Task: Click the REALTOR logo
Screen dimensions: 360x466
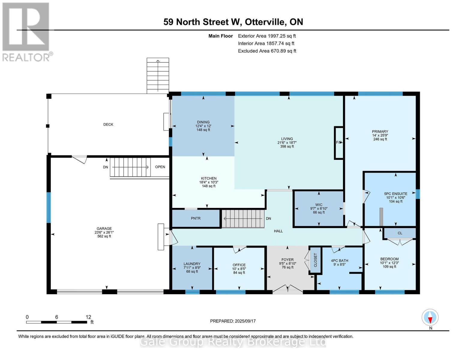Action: click(x=26, y=31)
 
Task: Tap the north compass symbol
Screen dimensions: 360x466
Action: click(x=430, y=317)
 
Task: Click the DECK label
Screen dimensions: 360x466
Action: click(x=108, y=124)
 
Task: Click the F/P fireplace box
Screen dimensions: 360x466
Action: click(x=339, y=142)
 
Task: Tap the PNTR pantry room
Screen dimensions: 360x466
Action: click(x=196, y=218)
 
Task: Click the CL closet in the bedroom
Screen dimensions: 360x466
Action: click(x=400, y=233)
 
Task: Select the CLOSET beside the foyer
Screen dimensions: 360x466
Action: click(x=315, y=260)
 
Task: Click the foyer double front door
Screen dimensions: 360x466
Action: click(x=287, y=288)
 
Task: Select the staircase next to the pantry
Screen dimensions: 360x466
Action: click(x=243, y=219)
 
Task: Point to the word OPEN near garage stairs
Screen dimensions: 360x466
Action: click(x=160, y=167)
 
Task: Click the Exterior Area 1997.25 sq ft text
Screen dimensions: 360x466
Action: click(x=267, y=36)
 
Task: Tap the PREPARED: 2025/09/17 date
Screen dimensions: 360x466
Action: click(x=233, y=321)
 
